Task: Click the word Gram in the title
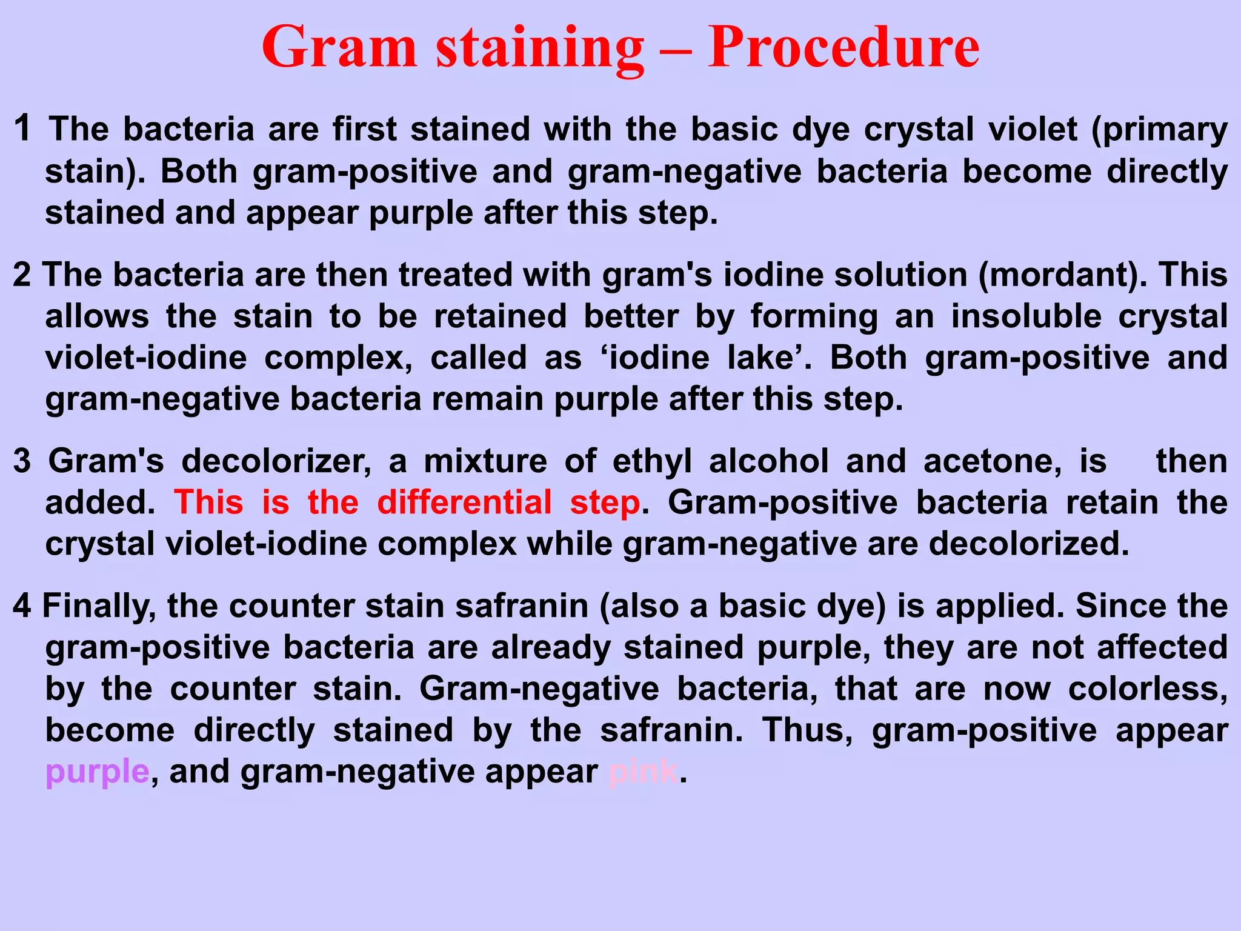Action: pyautogui.click(x=340, y=47)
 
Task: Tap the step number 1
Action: pyautogui.click(x=22, y=128)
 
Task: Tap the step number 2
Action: pyautogui.click(x=22, y=275)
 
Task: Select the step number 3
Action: pyautogui.click(x=22, y=461)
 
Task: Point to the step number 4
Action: pyautogui.click(x=22, y=606)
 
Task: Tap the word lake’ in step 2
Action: pyautogui.click(x=769, y=358)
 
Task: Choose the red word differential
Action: pyautogui.click(x=464, y=502)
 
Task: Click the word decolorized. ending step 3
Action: pyautogui.click(x=1029, y=544)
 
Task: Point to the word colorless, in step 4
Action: pyautogui.click(x=1148, y=689)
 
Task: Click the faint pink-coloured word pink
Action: pyautogui.click(x=642, y=772)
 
